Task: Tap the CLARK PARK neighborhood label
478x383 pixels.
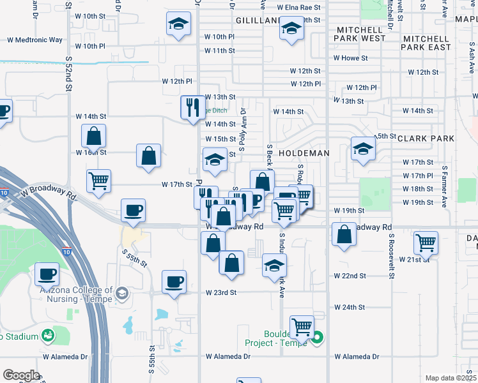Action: tap(426, 138)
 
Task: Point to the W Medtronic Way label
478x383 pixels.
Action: tap(35, 40)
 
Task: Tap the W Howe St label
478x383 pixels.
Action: tap(351, 58)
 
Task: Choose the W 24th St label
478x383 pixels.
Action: tap(349, 307)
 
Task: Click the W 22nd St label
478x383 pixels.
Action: tap(350, 276)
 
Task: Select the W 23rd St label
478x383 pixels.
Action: tap(221, 292)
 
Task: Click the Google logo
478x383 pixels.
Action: tap(21, 375)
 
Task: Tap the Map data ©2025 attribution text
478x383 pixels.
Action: tap(450, 378)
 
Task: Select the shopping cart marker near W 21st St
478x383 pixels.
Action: tap(426, 242)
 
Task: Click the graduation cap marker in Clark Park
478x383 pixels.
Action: tap(363, 149)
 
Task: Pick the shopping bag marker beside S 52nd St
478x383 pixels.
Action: tap(94, 135)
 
